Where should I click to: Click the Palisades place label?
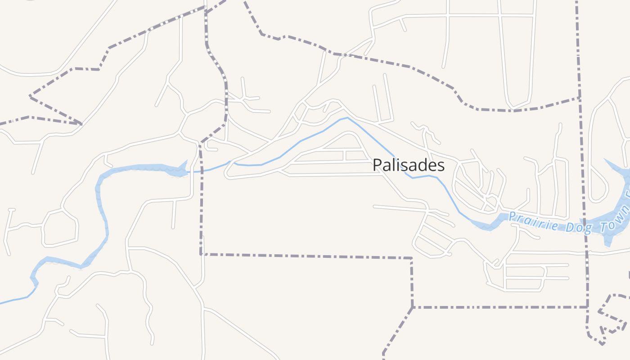tap(409, 166)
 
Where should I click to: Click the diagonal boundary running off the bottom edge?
tap(396, 331)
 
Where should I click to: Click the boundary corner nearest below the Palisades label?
tap(411, 258)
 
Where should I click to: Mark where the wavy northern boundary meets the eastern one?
tap(579, 97)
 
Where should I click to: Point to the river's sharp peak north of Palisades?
tap(347, 118)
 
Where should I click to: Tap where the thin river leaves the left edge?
tap(1, 303)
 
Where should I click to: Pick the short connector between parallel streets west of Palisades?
tap(344, 156)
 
